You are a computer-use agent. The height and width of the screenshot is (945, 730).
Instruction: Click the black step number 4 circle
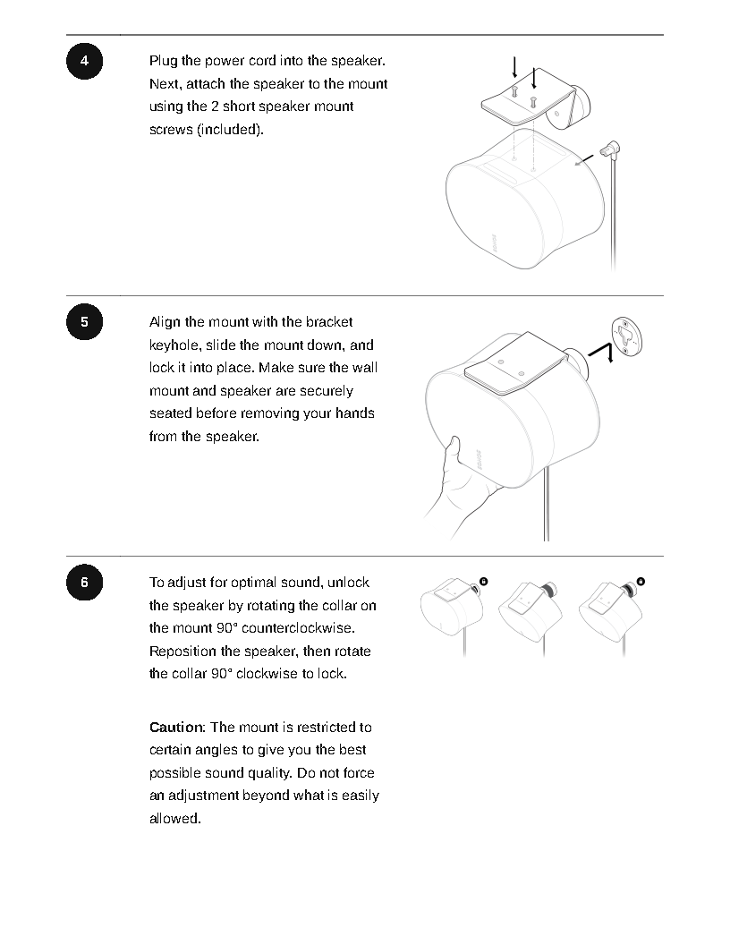(x=84, y=61)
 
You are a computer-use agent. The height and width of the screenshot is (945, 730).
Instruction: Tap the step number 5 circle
(x=84, y=322)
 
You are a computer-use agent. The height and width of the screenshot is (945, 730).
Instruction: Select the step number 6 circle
(x=84, y=583)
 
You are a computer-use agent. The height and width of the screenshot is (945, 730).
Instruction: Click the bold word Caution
(x=177, y=728)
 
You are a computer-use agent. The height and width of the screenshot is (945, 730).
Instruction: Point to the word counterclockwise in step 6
(x=298, y=628)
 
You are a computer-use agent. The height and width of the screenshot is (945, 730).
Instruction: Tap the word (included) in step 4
(x=230, y=130)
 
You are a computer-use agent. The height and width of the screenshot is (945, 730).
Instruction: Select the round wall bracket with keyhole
(x=627, y=336)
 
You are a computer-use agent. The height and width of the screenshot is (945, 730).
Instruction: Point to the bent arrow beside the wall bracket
(x=602, y=352)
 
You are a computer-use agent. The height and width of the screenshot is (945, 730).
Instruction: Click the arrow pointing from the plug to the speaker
(x=584, y=160)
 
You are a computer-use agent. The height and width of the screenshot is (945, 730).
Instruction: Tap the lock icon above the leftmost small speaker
(x=484, y=582)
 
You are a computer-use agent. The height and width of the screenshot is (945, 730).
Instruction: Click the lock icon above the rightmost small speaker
(x=641, y=582)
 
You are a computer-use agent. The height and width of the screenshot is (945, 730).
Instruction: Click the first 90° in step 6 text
(x=225, y=628)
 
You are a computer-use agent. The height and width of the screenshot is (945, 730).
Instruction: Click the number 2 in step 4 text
(x=215, y=106)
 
